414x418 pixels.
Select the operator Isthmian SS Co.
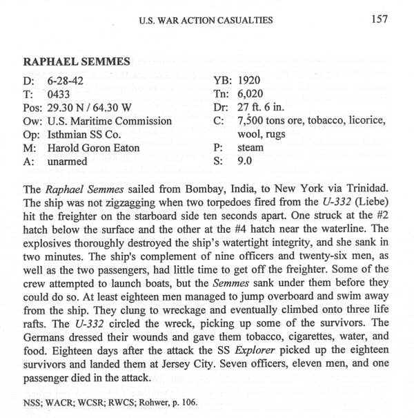tap(88, 135)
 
